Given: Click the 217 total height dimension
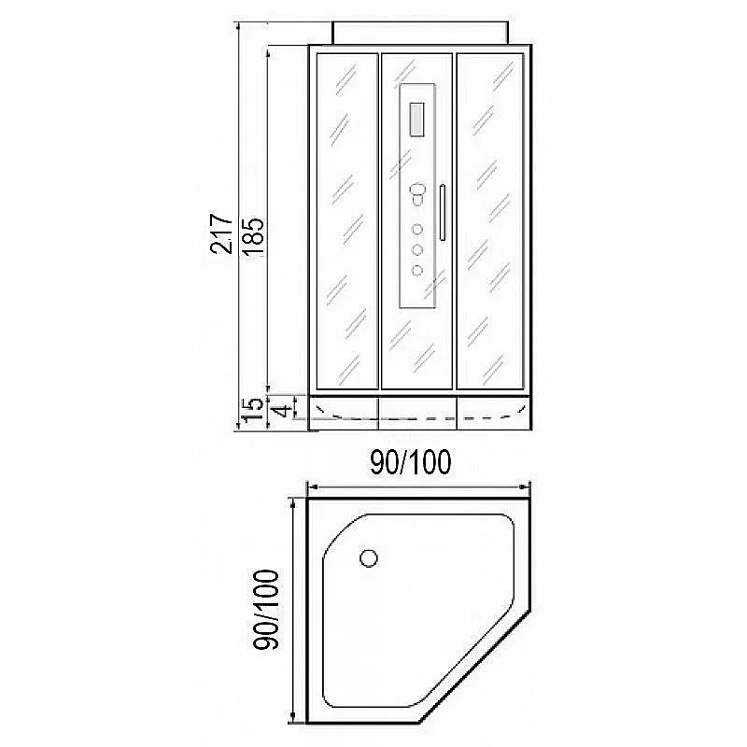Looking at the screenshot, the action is point(221,233).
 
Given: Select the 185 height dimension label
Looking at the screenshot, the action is point(252,237).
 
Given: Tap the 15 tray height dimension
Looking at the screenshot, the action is point(252,411).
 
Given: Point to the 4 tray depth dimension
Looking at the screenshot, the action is point(284,411).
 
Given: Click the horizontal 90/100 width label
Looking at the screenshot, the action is point(411,462).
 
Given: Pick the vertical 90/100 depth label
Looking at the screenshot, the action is point(266,610).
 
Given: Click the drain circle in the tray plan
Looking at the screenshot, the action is point(369,557).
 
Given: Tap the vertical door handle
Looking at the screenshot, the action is point(443,213).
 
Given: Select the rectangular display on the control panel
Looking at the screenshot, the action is point(416,120).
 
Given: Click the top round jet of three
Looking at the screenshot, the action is point(416,229).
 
